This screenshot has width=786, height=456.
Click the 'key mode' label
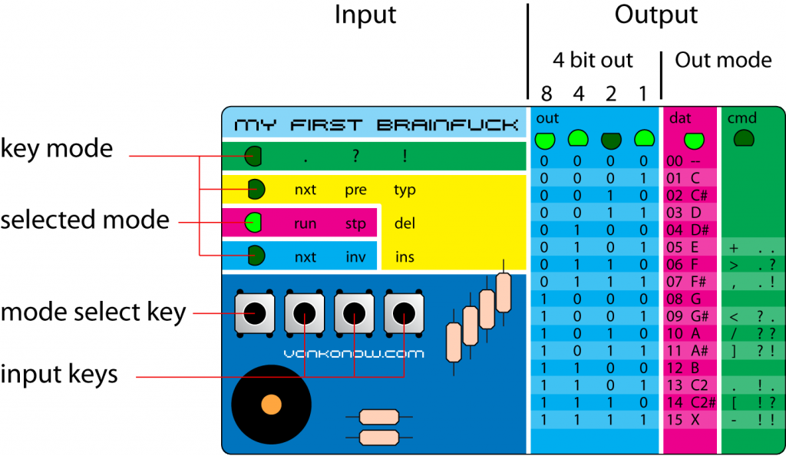coord(56,148)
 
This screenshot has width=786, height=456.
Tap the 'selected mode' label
coord(84,220)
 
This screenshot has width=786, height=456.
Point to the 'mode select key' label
coord(93,312)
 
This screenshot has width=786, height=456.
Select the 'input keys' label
coord(59,374)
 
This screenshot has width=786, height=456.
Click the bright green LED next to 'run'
coord(253,223)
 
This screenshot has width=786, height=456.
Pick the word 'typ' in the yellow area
coord(405,190)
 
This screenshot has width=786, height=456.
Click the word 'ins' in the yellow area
coord(405,257)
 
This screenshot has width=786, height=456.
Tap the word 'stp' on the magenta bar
coord(355,224)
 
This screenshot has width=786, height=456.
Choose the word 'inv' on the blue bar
coord(355,257)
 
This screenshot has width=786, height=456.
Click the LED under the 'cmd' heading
coord(743,139)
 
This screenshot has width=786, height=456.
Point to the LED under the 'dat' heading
coord(694,140)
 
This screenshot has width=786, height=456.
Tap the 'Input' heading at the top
coord(365,15)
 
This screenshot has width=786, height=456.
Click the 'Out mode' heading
coord(723,60)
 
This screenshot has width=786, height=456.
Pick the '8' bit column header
coord(546,94)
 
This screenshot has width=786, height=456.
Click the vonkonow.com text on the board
coord(353,354)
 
